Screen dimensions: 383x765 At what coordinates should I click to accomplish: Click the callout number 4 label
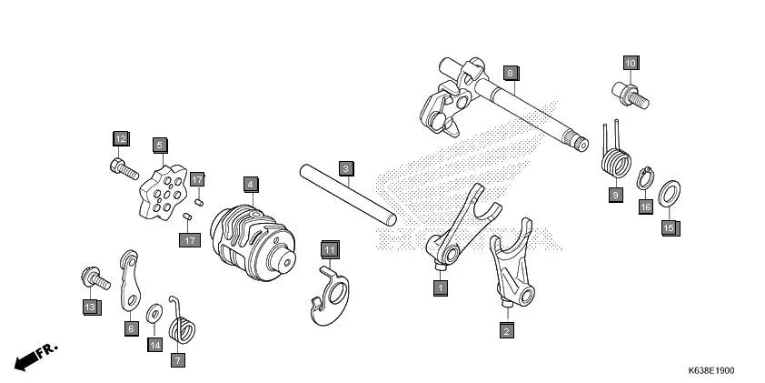point(249,184)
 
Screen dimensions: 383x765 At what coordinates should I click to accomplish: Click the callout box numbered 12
point(121,138)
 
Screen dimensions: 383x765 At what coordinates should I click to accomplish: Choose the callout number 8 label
point(511,73)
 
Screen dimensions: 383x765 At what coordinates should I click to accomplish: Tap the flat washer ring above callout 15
point(669,193)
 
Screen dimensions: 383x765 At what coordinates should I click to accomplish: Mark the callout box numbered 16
point(646,207)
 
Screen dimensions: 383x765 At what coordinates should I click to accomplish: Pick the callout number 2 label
point(506,331)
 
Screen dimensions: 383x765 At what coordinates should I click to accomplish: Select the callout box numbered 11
point(329,249)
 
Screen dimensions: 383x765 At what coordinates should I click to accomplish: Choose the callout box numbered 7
point(177,359)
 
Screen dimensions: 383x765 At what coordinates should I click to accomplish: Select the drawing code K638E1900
point(711,370)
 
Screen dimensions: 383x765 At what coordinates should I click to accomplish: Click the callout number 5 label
point(159,145)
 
